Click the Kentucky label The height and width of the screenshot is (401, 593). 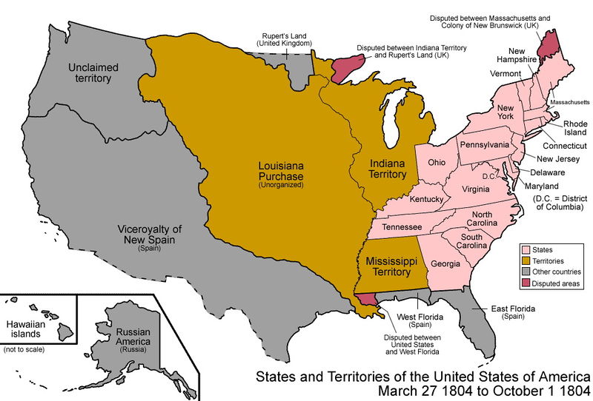click(x=426, y=200)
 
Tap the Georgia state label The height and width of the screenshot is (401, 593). click(x=445, y=263)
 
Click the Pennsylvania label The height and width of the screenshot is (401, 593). click(x=484, y=144)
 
